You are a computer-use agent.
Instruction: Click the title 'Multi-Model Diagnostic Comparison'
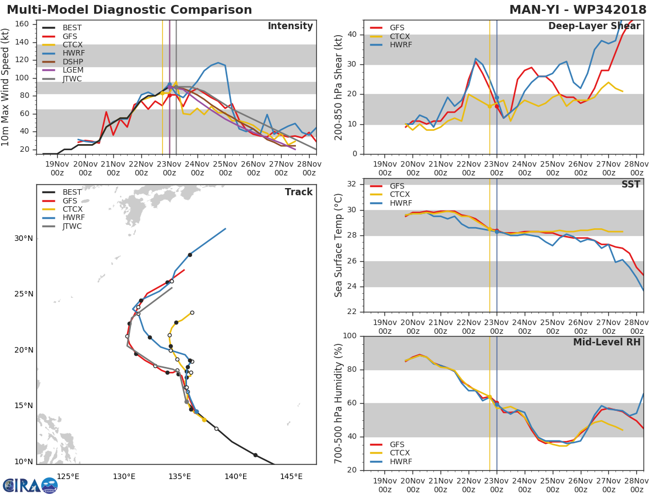[x=129, y=10]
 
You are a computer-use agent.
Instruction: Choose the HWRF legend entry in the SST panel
[x=399, y=203]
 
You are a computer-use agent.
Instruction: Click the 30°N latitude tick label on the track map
[x=24, y=238]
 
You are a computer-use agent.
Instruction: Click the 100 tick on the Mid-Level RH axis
[x=350, y=335]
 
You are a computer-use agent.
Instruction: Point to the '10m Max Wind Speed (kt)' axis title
[x=6, y=87]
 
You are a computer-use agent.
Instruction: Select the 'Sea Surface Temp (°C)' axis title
[x=339, y=245]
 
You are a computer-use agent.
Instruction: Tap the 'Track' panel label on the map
[x=298, y=192]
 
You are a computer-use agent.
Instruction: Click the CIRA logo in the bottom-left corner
[x=30, y=485]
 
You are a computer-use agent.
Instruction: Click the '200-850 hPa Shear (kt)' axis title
[x=339, y=87]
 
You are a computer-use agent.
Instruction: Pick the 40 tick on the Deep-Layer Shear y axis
[x=352, y=35]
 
